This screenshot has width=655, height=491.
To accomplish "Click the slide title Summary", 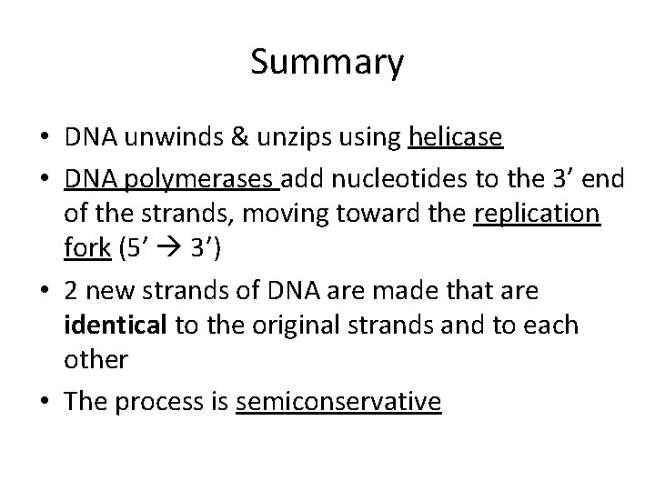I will [327, 64].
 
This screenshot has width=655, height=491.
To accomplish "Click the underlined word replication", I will [538, 215].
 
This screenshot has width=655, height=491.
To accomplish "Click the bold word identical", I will [116, 326].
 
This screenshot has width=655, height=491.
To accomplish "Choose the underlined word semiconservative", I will [338, 403].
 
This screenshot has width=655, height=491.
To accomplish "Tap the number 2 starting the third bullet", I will [72, 292].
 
